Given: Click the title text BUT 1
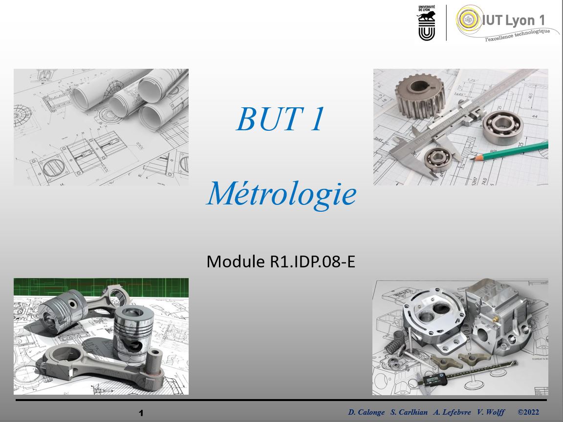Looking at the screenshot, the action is tap(281, 119).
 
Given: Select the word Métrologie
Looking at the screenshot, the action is tap(281, 194).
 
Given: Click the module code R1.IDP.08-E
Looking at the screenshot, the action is tap(312, 261).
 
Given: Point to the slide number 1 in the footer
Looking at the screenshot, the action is tap(141, 413).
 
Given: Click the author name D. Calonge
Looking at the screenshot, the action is tap(366, 412).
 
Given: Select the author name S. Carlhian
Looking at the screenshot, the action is tap(409, 412).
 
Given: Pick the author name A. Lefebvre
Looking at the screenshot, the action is tap(452, 412).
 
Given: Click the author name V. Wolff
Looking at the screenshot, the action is tap(491, 412).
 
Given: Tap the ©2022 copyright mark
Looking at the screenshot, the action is tap(528, 412).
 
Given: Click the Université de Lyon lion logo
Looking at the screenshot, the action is tap(427, 23).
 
